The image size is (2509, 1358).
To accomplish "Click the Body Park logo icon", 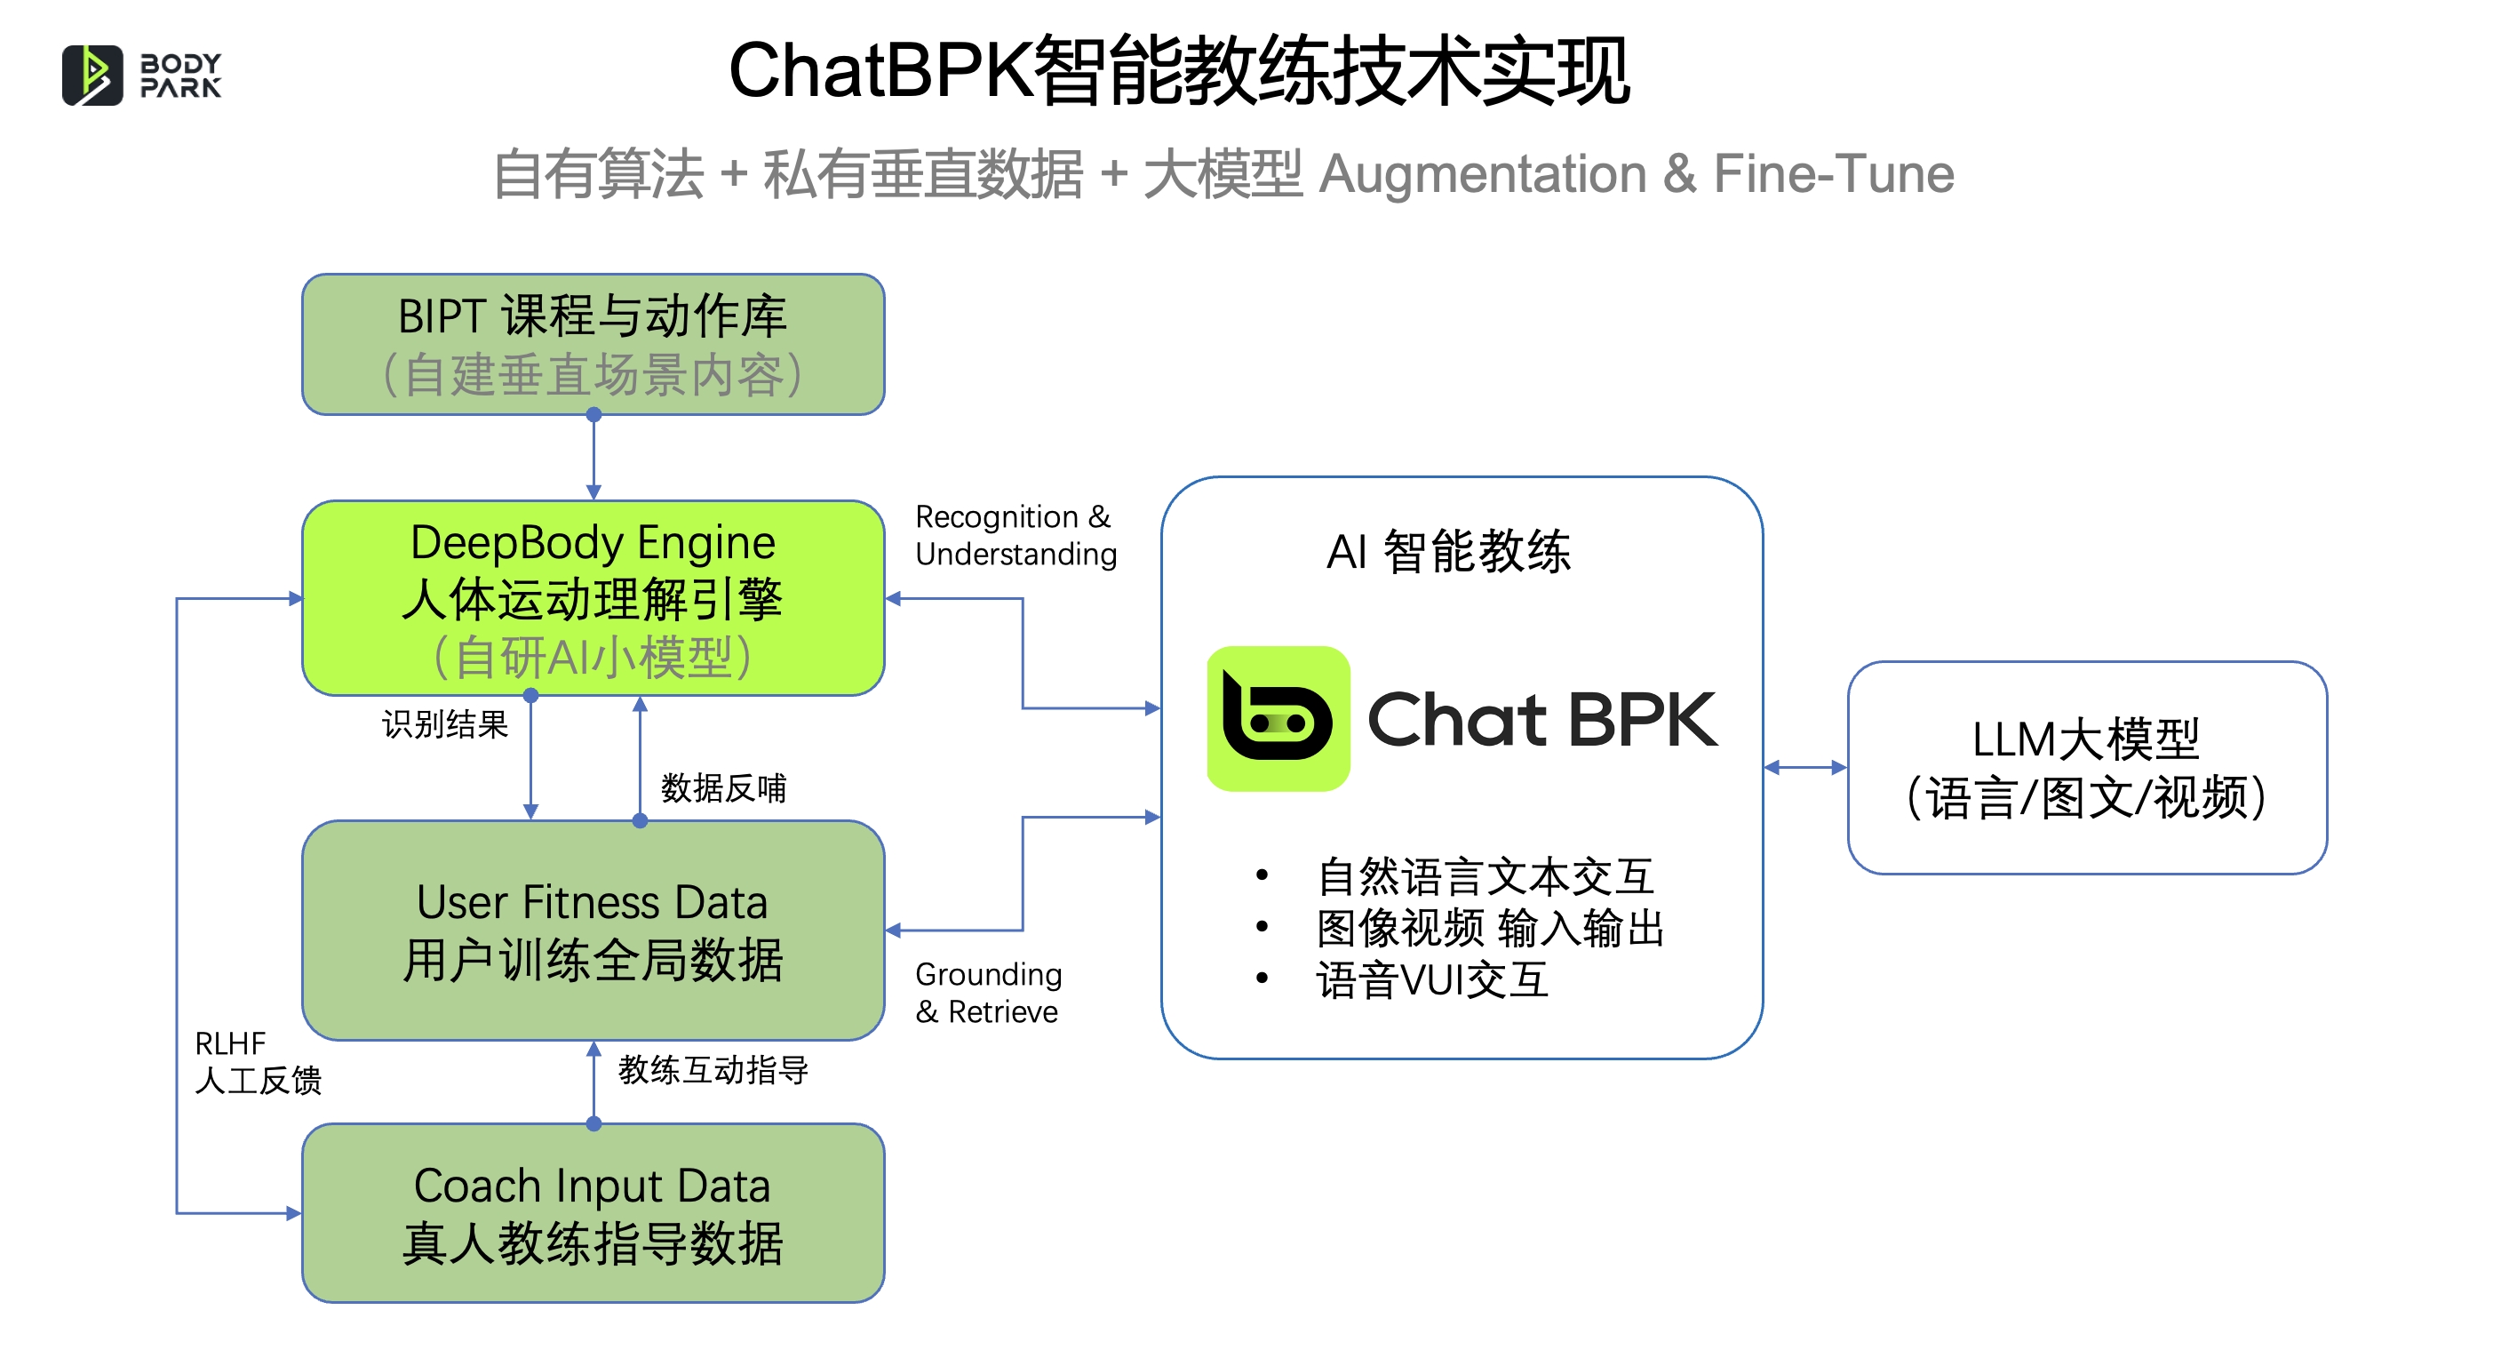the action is click(x=92, y=75).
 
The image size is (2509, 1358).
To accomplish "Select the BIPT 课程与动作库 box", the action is click(x=593, y=344).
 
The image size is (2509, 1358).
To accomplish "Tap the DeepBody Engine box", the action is click(x=593, y=597).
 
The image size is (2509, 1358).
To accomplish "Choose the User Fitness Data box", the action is click(x=593, y=930).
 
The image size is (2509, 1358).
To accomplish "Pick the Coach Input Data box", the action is click(x=593, y=1213).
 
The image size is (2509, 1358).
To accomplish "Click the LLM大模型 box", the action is click(x=2086, y=768).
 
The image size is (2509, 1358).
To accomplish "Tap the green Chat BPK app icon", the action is click(x=1278, y=718).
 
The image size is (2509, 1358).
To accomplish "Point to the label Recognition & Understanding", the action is click(x=1016, y=535).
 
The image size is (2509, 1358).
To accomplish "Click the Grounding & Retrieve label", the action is click(x=989, y=993).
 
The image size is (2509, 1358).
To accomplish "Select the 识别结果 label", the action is click(x=445, y=723).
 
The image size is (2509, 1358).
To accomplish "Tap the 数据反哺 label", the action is click(x=724, y=787).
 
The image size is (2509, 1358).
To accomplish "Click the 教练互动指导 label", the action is click(x=713, y=1070).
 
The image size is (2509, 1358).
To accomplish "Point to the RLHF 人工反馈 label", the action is click(x=259, y=1062).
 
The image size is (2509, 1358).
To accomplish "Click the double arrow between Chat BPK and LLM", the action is click(x=1804, y=768).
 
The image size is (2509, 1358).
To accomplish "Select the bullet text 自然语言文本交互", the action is click(x=1485, y=875).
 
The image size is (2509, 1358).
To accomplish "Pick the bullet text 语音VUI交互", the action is click(x=1432, y=979).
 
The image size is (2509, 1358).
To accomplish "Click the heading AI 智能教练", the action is click(x=1448, y=551).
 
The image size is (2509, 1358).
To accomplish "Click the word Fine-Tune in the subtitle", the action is click(x=1833, y=173).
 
